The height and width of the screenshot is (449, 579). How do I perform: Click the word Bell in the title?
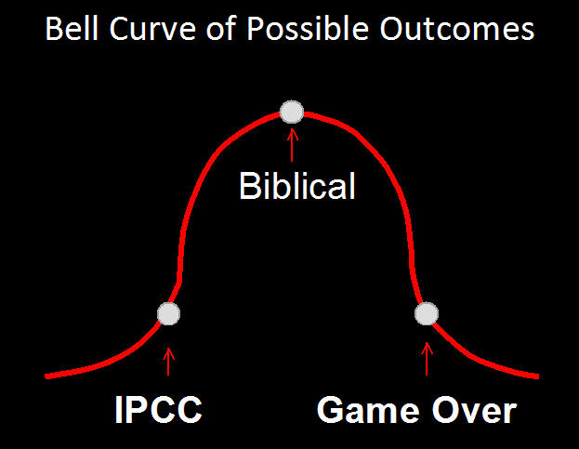(x=72, y=29)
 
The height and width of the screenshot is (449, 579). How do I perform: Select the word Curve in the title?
(x=152, y=29)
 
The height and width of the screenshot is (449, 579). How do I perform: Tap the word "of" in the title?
(x=221, y=29)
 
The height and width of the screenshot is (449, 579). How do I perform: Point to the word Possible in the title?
(x=308, y=29)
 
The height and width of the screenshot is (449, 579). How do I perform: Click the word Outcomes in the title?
(x=456, y=29)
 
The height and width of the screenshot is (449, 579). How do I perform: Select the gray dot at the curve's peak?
(x=292, y=112)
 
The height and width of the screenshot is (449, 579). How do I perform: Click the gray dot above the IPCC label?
(x=168, y=314)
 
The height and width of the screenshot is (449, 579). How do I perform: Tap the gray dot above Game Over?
(x=427, y=314)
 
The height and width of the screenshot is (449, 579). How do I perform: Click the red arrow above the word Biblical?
(x=292, y=145)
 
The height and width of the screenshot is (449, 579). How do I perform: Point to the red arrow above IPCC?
(x=168, y=362)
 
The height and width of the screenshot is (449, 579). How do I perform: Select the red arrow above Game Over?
(x=427, y=359)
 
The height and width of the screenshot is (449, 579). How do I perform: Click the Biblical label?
(x=297, y=186)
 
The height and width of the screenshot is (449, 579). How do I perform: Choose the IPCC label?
(x=158, y=409)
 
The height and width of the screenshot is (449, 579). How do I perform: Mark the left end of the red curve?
(x=46, y=376)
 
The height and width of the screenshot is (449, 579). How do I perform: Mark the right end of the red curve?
(x=538, y=376)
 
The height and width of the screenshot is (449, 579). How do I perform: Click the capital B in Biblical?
(x=250, y=186)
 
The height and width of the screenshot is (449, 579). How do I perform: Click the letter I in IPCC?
(x=119, y=409)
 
